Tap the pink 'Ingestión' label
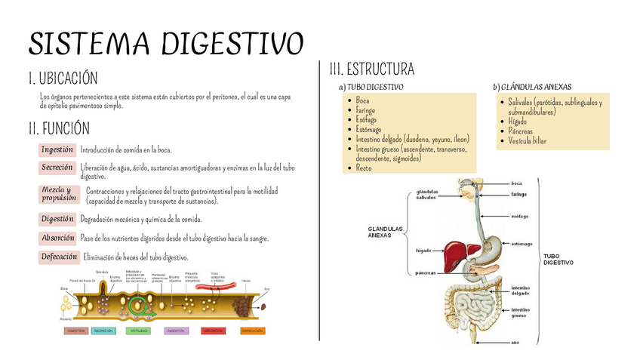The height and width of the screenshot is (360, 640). pyautogui.click(x=57, y=149)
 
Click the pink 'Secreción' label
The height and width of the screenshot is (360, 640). pyautogui.click(x=57, y=167)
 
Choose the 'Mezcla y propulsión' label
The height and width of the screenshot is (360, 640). pyautogui.click(x=59, y=194)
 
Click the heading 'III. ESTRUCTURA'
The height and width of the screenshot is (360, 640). pyautogui.click(x=371, y=70)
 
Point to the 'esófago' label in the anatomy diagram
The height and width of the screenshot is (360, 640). pyautogui.click(x=519, y=216)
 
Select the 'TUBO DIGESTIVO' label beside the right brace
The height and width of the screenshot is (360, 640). pyautogui.click(x=558, y=259)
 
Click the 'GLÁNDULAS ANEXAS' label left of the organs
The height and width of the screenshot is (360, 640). pyautogui.click(x=385, y=232)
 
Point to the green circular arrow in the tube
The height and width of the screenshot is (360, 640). pyautogui.click(x=138, y=305)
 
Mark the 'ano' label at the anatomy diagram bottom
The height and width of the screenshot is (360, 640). pyautogui.click(x=515, y=342)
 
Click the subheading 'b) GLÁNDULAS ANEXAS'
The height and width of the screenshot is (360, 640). pyautogui.click(x=532, y=87)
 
